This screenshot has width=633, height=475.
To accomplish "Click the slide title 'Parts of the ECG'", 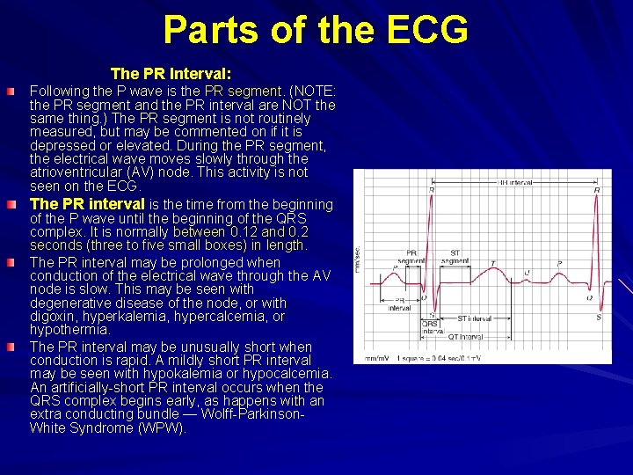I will tap(316, 30).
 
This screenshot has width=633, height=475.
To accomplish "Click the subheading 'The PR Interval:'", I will tap(171, 73).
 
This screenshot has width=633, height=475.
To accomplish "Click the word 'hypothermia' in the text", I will tap(69, 330).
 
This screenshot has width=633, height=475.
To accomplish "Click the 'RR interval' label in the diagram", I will tap(514, 183).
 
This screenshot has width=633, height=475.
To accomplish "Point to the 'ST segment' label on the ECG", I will tap(455, 257).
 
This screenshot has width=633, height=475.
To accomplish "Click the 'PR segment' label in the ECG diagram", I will tap(411, 257).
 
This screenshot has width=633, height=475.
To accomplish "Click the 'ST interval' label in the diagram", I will tap(474, 318).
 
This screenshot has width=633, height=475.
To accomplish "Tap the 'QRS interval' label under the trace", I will tap(433, 328).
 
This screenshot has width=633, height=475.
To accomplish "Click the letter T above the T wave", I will tap(492, 262).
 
